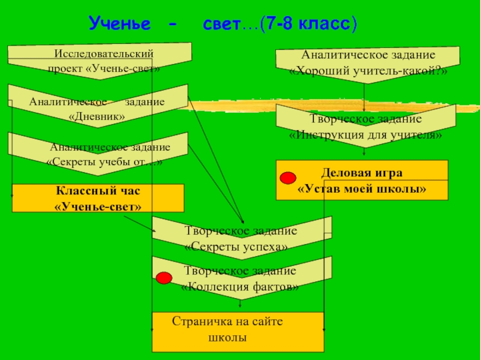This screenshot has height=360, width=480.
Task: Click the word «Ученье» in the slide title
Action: [x=118, y=24]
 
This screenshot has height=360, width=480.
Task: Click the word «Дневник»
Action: [x=97, y=116]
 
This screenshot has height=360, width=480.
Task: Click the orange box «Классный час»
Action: [x=98, y=198]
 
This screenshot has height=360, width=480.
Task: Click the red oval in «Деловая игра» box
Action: [x=289, y=177]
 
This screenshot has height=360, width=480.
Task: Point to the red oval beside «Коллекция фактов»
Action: [x=164, y=278]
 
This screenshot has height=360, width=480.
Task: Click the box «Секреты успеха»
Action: [x=241, y=238]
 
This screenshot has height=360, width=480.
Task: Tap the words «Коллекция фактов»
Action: [x=240, y=287]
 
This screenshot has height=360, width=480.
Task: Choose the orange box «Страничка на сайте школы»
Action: [x=238, y=331]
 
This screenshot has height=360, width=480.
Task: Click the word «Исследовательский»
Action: [x=100, y=54]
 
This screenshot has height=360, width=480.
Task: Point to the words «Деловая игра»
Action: [x=362, y=173]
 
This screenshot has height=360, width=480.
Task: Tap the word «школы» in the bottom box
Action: [x=227, y=338]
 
